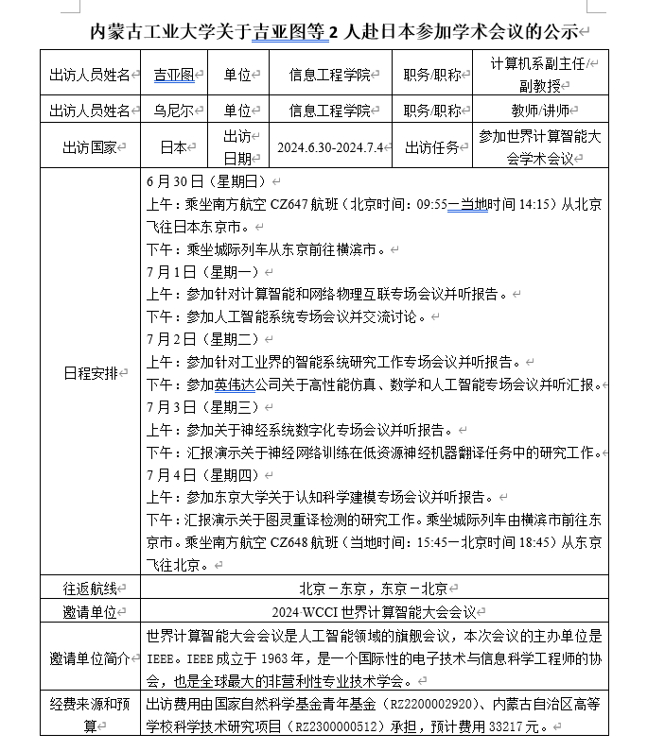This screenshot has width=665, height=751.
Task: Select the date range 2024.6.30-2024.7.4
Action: [x=329, y=148]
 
